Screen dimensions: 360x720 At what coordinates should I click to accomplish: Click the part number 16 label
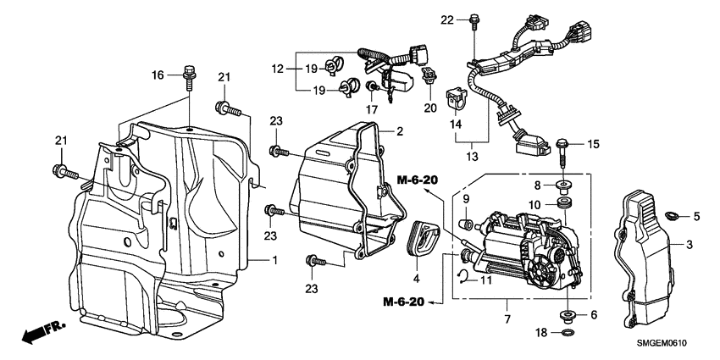[x=157, y=75]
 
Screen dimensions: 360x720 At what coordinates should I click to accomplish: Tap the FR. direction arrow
[x=39, y=332]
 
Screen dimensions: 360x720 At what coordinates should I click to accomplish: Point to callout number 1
[x=274, y=258]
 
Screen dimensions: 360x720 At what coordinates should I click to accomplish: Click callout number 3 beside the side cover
[x=689, y=244]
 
